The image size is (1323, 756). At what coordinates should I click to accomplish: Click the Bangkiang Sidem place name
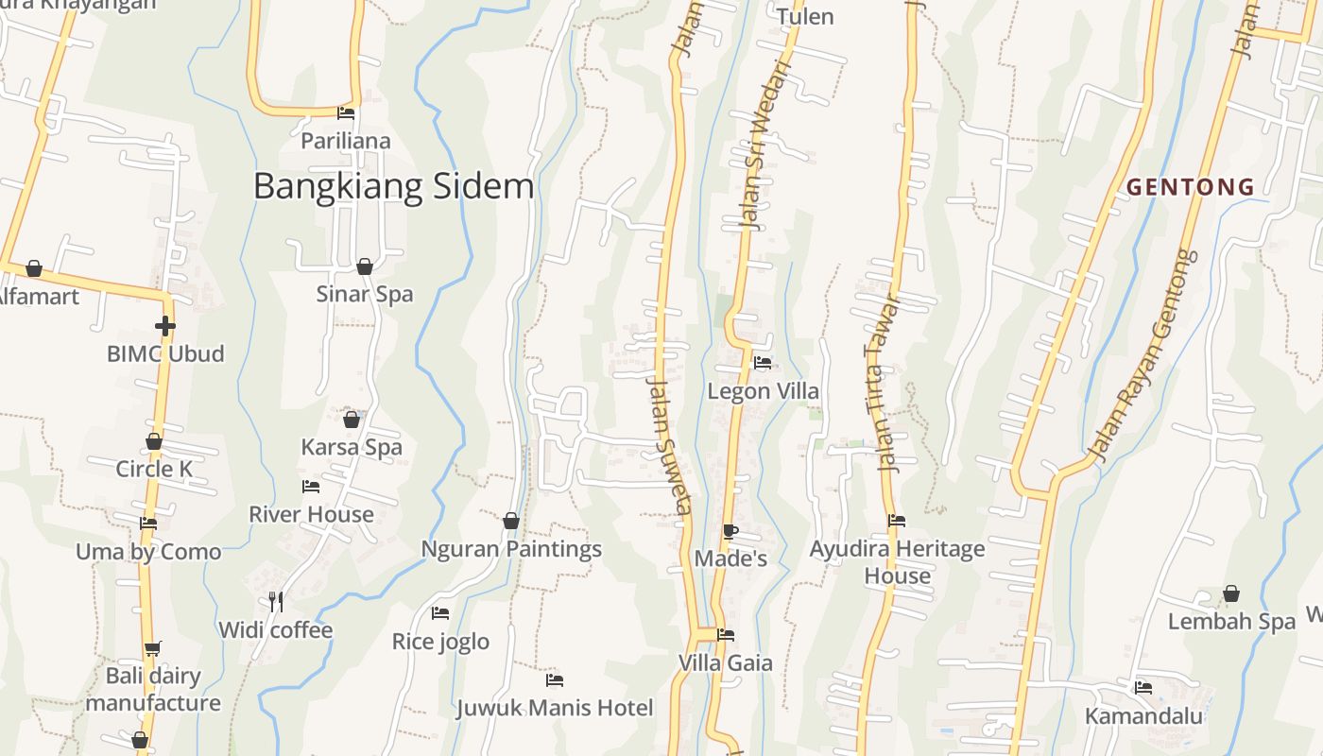click(x=393, y=186)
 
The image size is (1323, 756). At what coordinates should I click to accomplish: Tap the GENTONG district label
click(x=1191, y=187)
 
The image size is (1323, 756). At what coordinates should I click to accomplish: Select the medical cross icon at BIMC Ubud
click(x=165, y=326)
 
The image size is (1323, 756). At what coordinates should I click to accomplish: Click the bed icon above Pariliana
click(x=346, y=113)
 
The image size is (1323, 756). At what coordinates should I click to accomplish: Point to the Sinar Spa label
click(x=364, y=294)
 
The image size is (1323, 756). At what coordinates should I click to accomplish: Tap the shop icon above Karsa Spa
click(x=352, y=419)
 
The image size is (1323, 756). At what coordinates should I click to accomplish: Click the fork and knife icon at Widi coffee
click(x=275, y=601)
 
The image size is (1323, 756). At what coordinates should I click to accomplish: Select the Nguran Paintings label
click(x=510, y=549)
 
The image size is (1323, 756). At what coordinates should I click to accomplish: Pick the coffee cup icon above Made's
click(x=730, y=531)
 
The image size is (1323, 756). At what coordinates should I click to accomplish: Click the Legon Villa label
click(x=764, y=391)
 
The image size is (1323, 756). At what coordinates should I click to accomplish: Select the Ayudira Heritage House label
click(x=897, y=561)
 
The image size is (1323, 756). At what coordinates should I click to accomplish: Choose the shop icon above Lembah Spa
click(x=1230, y=593)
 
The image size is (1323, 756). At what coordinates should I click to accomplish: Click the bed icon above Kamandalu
click(x=1143, y=687)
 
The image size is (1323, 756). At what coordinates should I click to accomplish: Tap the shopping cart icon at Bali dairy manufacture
click(x=152, y=648)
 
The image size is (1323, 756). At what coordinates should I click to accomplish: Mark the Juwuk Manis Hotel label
click(x=555, y=708)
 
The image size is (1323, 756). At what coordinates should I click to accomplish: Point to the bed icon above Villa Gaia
click(x=725, y=635)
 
